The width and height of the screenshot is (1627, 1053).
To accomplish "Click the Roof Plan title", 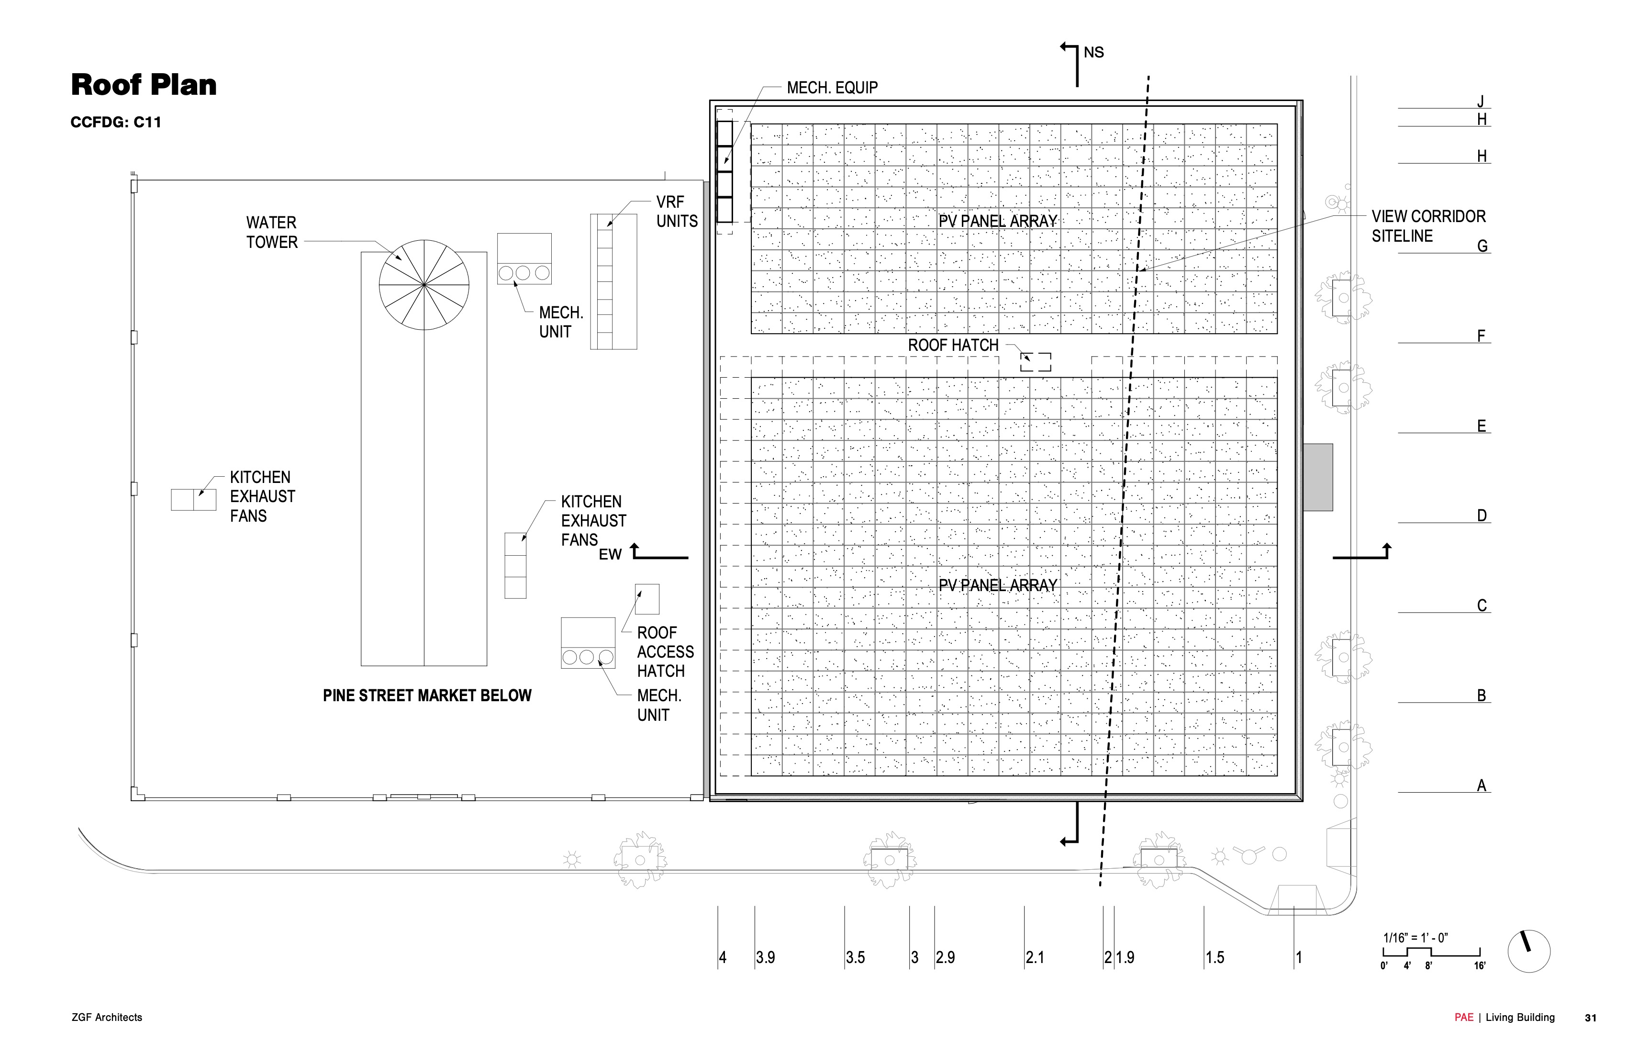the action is point(144,85).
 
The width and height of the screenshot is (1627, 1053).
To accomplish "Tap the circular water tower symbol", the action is point(424,284).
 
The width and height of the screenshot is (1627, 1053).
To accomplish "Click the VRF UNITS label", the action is point(677,211).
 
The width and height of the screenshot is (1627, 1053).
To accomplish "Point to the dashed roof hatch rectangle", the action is point(1036,362).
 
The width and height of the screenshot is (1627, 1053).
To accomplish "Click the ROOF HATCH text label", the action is point(953,345).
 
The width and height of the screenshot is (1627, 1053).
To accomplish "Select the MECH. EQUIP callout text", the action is point(832,88).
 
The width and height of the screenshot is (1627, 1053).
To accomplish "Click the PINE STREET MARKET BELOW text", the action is point(427,695).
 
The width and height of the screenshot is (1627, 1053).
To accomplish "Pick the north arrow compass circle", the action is point(1528,951).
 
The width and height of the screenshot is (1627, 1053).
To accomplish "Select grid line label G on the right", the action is point(1482,246).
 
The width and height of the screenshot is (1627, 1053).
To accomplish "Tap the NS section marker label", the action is point(1094,53).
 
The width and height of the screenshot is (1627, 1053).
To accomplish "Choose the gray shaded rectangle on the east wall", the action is point(1317,477).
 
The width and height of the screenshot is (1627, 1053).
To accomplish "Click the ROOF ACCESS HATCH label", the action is point(665,651).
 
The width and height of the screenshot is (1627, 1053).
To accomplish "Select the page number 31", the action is point(1591,1018).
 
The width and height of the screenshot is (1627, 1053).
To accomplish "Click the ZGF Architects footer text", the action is point(107,1018).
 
